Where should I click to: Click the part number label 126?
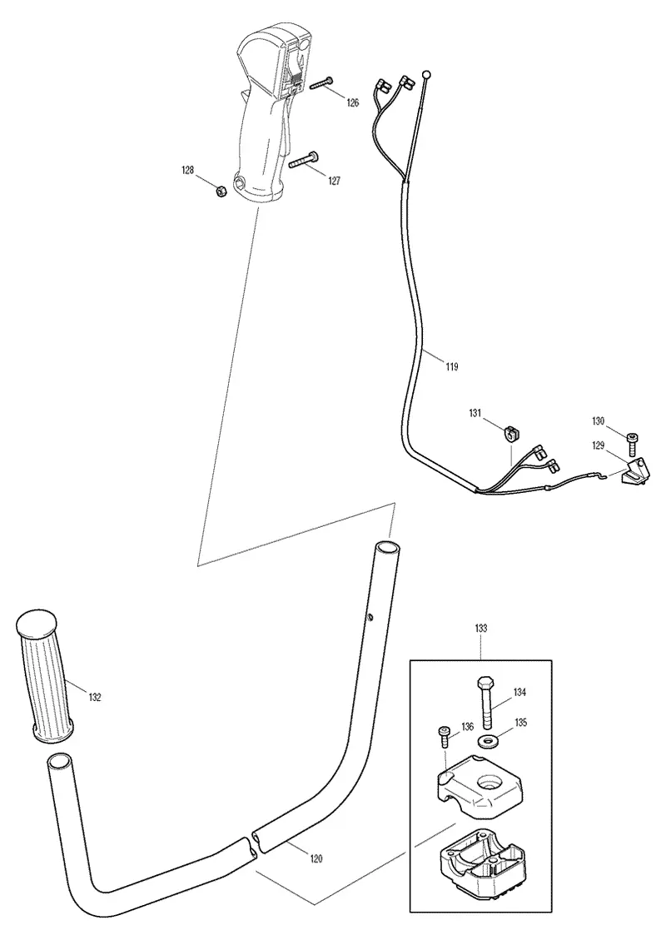pos(352,103)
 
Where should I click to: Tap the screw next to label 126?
pos(321,83)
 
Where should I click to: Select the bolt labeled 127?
pos(303,160)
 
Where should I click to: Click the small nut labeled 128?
pos(221,192)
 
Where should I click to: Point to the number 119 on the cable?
pos(451,366)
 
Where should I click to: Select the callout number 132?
pos(94,697)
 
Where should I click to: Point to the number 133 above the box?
pos(480,629)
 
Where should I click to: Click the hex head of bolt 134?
pos(485,684)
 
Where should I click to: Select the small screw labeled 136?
pos(445,736)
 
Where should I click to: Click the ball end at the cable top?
pos(426,75)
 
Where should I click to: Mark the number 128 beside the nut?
pos(187,171)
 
